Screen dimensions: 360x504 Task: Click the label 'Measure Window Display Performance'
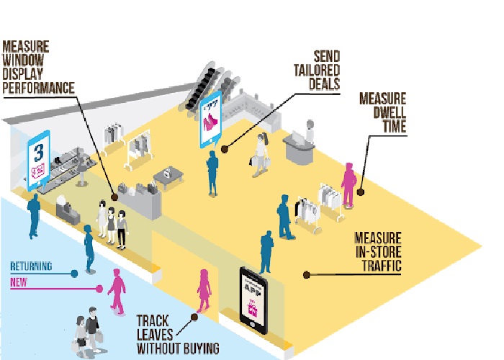pyautogui.click(x=39, y=67)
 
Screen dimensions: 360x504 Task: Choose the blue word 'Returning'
pyautogui.click(x=31, y=266)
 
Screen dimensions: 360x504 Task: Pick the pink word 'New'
pyautogui.click(x=19, y=282)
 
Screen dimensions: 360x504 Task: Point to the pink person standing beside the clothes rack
pyautogui.click(x=349, y=182)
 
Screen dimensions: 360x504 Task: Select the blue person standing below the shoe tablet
pyautogui.click(x=212, y=172)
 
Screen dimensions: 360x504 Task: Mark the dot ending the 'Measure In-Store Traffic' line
pyautogui.click(x=305, y=274)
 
